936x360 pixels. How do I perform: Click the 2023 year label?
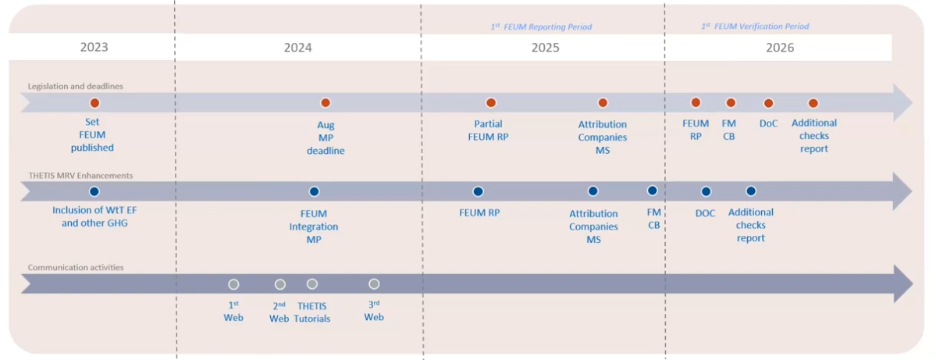(94, 48)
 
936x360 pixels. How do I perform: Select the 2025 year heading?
(546, 48)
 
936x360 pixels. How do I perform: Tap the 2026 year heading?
(780, 48)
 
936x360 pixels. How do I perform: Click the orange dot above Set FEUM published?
(94, 102)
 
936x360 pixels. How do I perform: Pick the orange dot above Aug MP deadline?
(326, 102)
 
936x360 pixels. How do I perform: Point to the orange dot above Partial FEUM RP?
(491, 102)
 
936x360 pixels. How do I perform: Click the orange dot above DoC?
(768, 102)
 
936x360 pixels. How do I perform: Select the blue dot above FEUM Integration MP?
(314, 191)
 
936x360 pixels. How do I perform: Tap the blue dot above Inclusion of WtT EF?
(94, 191)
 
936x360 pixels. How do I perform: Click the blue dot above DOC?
(706, 191)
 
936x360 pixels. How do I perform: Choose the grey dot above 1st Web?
(233, 284)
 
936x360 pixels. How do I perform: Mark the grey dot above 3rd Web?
(374, 284)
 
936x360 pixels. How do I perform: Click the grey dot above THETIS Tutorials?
(312, 284)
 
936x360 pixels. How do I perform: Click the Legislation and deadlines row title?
(75, 87)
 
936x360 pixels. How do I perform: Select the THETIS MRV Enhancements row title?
(80, 176)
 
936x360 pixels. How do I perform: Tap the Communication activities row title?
(76, 268)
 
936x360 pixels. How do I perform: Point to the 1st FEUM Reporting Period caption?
(542, 27)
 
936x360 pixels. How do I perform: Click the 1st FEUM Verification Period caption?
(755, 27)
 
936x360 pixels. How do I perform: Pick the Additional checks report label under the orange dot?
(814, 136)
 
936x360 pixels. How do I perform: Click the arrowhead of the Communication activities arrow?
(902, 284)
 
